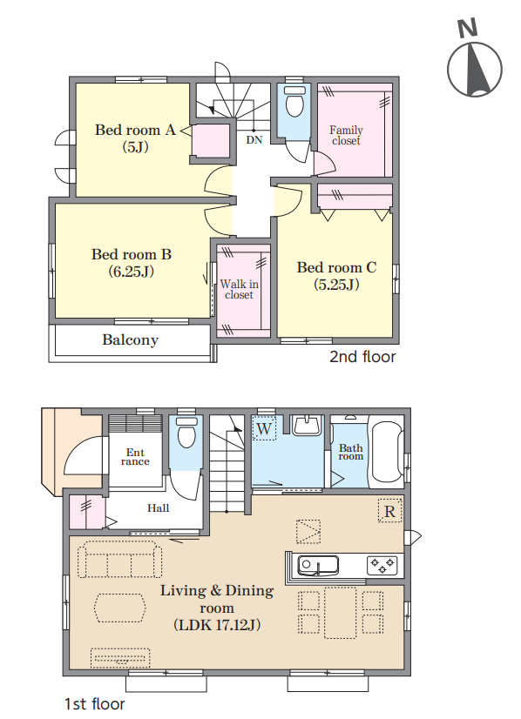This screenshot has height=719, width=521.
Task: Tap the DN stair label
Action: point(254,139)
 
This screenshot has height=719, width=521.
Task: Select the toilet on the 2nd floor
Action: point(294,101)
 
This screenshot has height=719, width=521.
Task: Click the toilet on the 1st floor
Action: point(186,432)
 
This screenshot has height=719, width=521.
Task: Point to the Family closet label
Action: point(346,135)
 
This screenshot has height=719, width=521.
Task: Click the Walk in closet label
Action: point(240,289)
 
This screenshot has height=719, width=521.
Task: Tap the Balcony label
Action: point(131,340)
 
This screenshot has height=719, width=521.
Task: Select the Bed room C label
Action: point(336,275)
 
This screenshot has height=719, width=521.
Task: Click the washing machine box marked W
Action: point(264,428)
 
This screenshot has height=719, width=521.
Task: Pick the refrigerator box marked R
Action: point(389,511)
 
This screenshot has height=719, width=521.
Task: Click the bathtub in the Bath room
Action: point(387,452)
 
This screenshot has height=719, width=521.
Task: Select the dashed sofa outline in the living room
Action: point(120,560)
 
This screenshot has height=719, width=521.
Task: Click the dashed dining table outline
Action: point(341,613)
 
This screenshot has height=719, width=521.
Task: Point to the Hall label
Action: point(158,508)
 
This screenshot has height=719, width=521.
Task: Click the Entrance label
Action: point(135,457)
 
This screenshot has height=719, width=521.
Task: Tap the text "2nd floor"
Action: point(362,357)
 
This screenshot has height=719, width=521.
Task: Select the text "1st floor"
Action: point(95,704)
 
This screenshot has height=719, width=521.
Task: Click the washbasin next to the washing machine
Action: point(306,426)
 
